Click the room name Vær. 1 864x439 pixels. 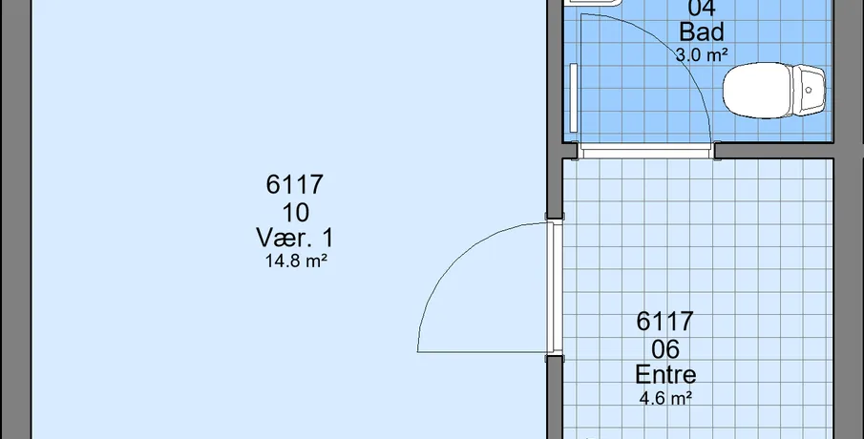click(295, 238)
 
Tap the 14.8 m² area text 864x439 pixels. click(297, 261)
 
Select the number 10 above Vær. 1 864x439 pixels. click(295, 213)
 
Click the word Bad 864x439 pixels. click(702, 31)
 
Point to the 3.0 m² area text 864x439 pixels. click(702, 54)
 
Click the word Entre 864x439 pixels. click(665, 374)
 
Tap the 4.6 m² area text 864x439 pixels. click(665, 398)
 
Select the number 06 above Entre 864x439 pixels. click(665, 349)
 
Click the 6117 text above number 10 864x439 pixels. click(295, 184)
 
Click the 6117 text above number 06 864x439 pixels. click(665, 322)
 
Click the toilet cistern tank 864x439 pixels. click(809, 91)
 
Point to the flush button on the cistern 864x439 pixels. click(809, 90)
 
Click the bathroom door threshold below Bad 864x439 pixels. click(646, 151)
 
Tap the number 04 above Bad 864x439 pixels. click(702, 8)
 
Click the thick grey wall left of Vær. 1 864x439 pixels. click(15, 219)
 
